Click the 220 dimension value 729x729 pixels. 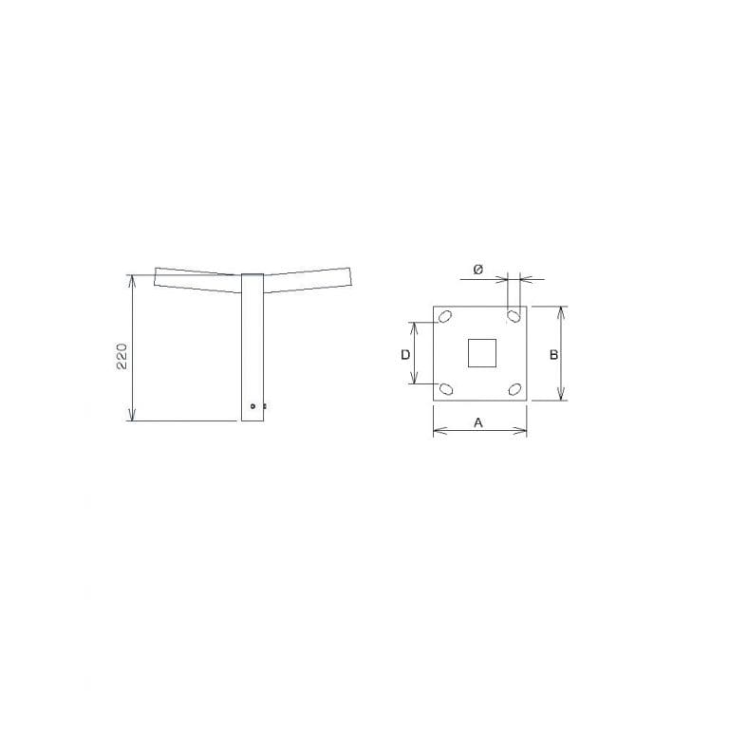point(121,357)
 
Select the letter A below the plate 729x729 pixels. point(478,423)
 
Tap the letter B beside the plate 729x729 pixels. point(553,355)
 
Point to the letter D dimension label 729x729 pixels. point(405,355)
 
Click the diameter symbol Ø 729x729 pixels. point(478,270)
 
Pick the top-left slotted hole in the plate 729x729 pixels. point(445,317)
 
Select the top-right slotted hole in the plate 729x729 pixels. point(514,316)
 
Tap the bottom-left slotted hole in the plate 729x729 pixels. point(446,388)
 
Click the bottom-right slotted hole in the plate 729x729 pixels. point(514,389)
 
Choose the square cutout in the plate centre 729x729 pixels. point(481,353)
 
